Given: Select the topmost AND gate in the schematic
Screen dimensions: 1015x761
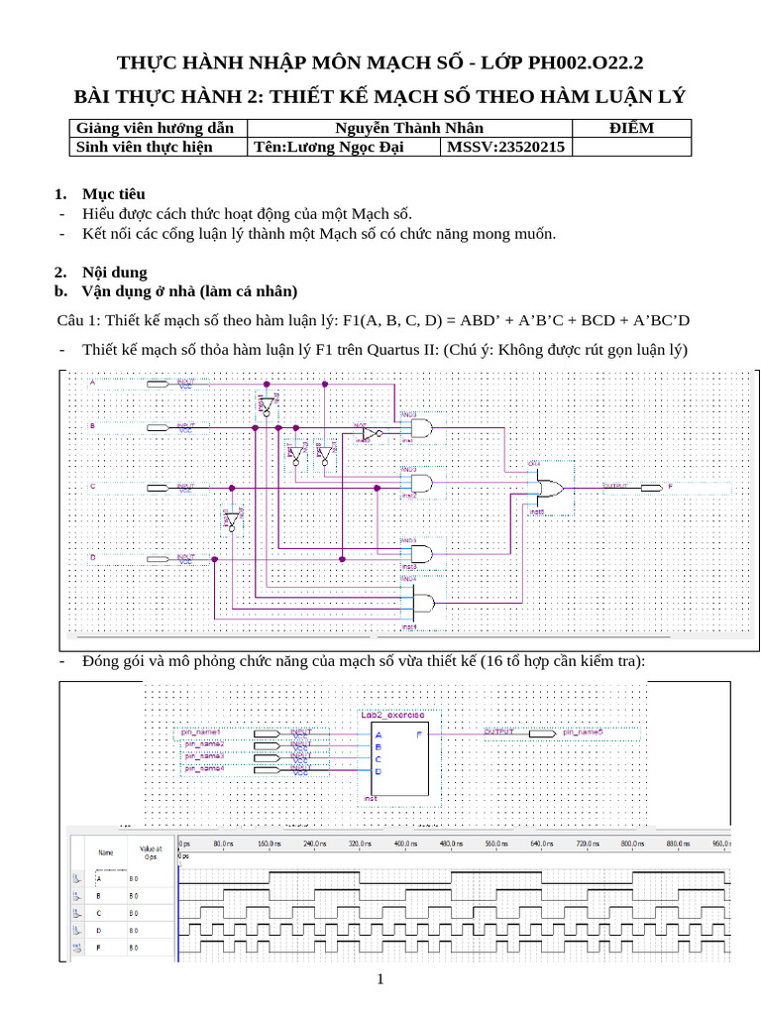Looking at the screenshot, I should (x=420, y=429).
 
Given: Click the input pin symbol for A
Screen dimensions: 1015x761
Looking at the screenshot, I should (x=160, y=383).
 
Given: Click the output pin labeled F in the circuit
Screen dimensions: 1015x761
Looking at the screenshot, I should (x=649, y=488).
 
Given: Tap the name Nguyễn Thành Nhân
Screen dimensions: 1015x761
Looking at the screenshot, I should (x=408, y=128).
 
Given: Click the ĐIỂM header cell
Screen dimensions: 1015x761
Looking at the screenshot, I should (x=630, y=128).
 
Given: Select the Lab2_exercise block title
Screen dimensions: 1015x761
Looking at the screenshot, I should (x=392, y=714).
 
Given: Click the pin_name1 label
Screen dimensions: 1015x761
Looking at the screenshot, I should (x=200, y=731).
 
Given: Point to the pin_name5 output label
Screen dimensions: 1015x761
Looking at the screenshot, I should (x=583, y=732).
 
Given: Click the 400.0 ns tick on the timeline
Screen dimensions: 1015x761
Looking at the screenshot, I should (x=402, y=843).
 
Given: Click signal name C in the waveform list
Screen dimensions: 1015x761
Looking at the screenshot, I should (x=99, y=913).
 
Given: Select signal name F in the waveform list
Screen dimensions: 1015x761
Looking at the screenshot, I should (x=99, y=949).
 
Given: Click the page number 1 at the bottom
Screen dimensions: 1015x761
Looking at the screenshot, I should (x=380, y=980).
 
